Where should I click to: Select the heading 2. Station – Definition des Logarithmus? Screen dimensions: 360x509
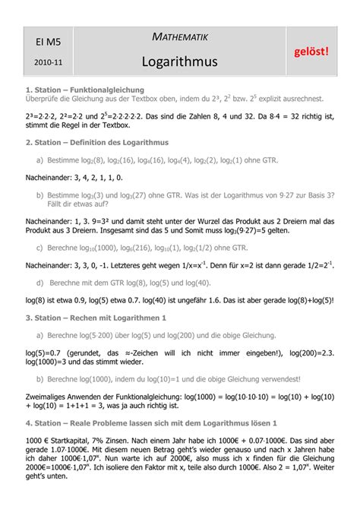(96, 142)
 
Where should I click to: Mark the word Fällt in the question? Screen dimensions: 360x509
(58, 203)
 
